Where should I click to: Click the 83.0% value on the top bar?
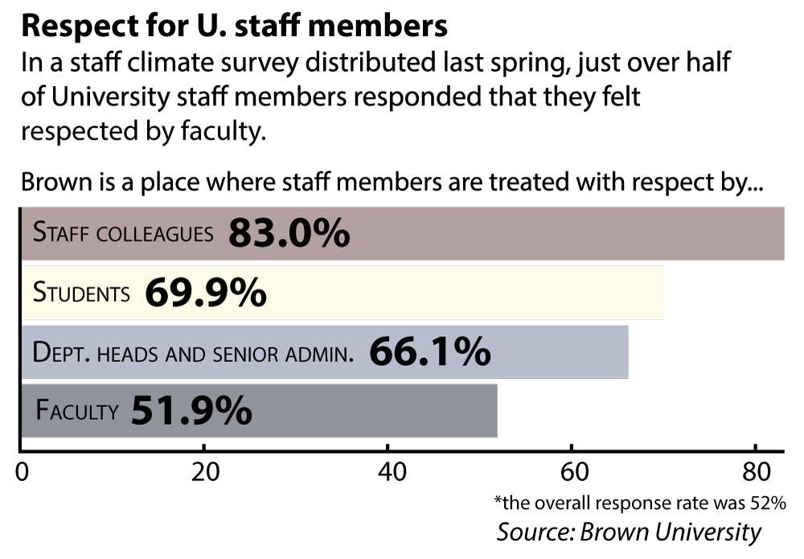click(x=289, y=233)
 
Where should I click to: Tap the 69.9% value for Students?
click(x=205, y=293)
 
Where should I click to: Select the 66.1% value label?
click(x=429, y=351)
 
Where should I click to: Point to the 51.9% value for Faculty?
click(x=191, y=411)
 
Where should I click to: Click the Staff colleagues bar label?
click(x=123, y=233)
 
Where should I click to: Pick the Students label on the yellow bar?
click(x=81, y=293)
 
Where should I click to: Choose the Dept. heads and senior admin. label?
click(x=193, y=352)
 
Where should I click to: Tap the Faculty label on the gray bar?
click(x=76, y=412)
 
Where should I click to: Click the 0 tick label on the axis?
click(x=22, y=472)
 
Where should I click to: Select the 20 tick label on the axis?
click(x=205, y=472)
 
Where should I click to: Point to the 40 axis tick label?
click(x=388, y=472)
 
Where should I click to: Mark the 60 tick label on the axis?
click(x=572, y=472)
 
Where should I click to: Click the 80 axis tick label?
click(x=755, y=472)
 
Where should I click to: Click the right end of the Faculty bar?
click(x=495, y=411)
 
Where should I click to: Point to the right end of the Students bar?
click(x=662, y=293)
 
